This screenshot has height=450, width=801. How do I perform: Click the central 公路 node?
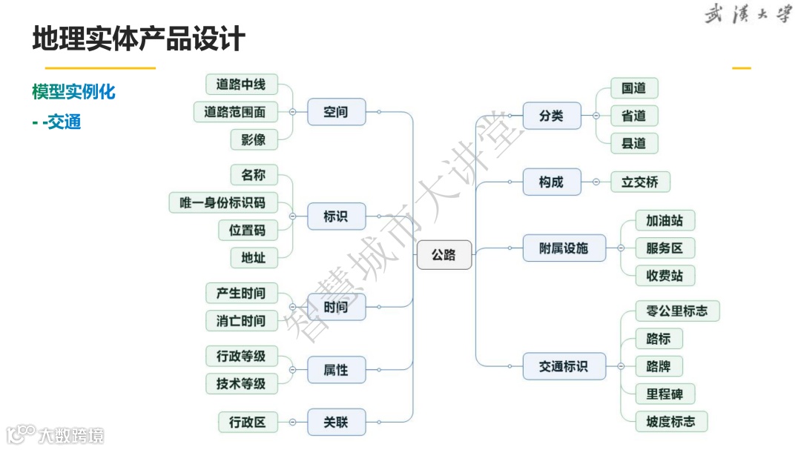tap(444, 255)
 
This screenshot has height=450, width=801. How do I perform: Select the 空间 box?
tap(336, 112)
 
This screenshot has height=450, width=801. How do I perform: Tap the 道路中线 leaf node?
tap(240, 85)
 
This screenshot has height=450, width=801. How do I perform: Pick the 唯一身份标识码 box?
tap(222, 202)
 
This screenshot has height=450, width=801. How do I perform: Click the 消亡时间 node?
tap(241, 321)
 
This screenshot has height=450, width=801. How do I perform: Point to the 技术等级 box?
tap(241, 383)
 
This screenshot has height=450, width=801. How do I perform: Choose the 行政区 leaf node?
tap(248, 423)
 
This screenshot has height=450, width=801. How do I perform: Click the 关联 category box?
tap(336, 423)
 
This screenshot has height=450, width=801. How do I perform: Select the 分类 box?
tap(551, 116)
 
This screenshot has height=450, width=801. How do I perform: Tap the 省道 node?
tap(633, 116)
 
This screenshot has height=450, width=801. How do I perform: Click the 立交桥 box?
tap(639, 182)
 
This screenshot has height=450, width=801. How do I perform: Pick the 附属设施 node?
tap(564, 248)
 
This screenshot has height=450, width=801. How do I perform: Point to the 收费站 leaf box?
tap(665, 276)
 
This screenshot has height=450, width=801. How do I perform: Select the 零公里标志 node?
tap(677, 311)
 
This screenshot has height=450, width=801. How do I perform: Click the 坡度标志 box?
tap(671, 422)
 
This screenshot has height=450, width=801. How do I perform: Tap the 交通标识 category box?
tap(564, 366)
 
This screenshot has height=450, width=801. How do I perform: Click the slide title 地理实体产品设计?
tap(139, 39)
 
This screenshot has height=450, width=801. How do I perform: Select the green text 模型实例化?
tap(73, 93)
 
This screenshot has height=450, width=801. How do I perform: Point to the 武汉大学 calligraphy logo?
tap(747, 15)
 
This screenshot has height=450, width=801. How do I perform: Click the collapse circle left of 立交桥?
tap(596, 182)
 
